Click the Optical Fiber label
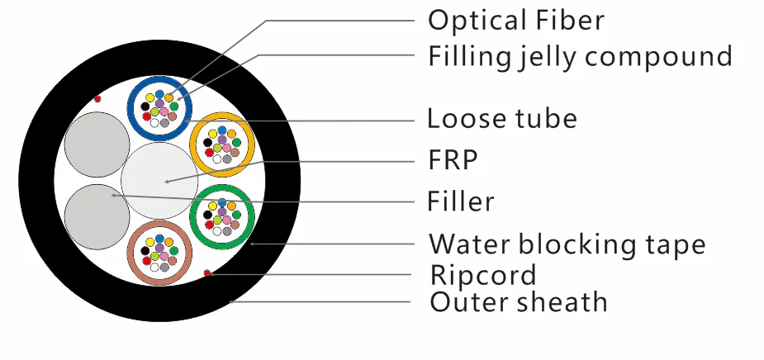pyautogui.click(x=515, y=20)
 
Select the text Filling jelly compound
pyautogui.click(x=580, y=56)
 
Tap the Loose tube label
pyautogui.click(x=501, y=119)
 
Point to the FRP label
pyautogui.click(x=453, y=159)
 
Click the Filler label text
pyautogui.click(x=461, y=201)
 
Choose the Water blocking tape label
pyautogui.click(x=567, y=244)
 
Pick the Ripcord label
pyautogui.click(x=483, y=274)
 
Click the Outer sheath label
pyautogui.click(x=519, y=302)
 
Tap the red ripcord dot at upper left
pyautogui.click(x=97, y=99)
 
